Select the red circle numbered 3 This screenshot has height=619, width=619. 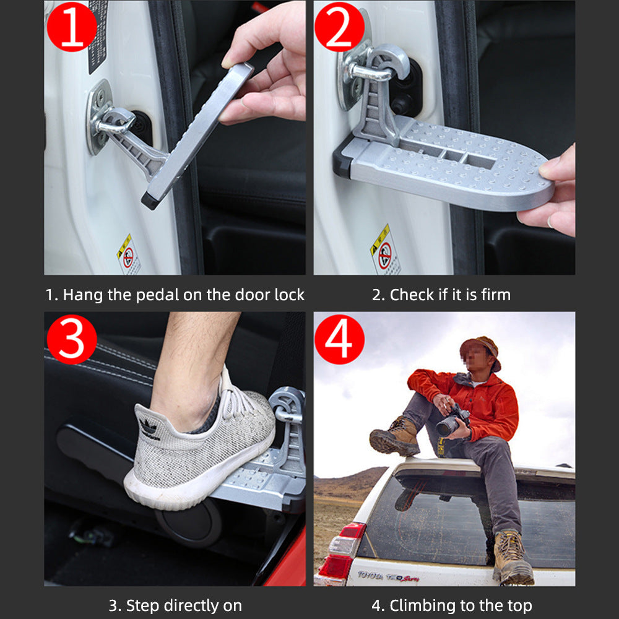(x=72, y=339)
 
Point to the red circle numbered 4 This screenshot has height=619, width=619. (x=339, y=339)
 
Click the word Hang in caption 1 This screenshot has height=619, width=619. (x=83, y=295)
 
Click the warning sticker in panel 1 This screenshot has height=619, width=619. (x=128, y=254)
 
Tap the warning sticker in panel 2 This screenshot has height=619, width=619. (x=385, y=249)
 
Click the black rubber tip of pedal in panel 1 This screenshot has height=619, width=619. (x=149, y=200)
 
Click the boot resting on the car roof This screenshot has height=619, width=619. (x=394, y=438)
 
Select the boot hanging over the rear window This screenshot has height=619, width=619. (x=513, y=558)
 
